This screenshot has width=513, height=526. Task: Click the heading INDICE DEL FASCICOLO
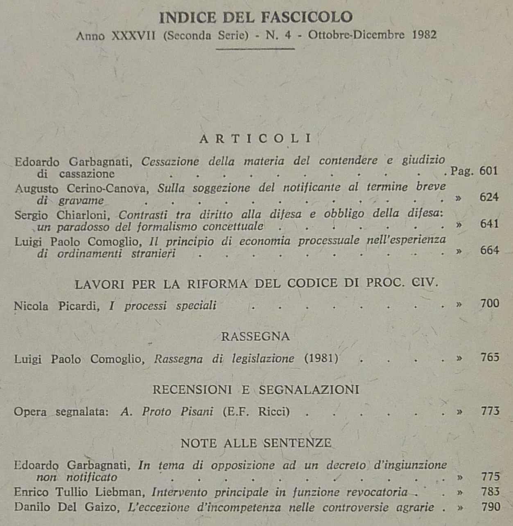(256, 17)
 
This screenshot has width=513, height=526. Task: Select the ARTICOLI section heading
(256, 139)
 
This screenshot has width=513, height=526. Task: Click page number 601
(489, 170)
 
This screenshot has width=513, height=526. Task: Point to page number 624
(489, 197)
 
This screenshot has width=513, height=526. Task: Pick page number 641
(489, 224)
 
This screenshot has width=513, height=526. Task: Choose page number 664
(490, 250)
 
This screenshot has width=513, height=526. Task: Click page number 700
(490, 303)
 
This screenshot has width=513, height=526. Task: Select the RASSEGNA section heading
(255, 336)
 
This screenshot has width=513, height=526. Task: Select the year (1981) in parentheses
(321, 358)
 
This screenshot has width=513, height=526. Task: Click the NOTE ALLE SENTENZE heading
(256, 443)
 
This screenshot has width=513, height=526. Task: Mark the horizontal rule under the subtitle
(255, 49)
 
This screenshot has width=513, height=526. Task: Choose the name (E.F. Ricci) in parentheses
(256, 411)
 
